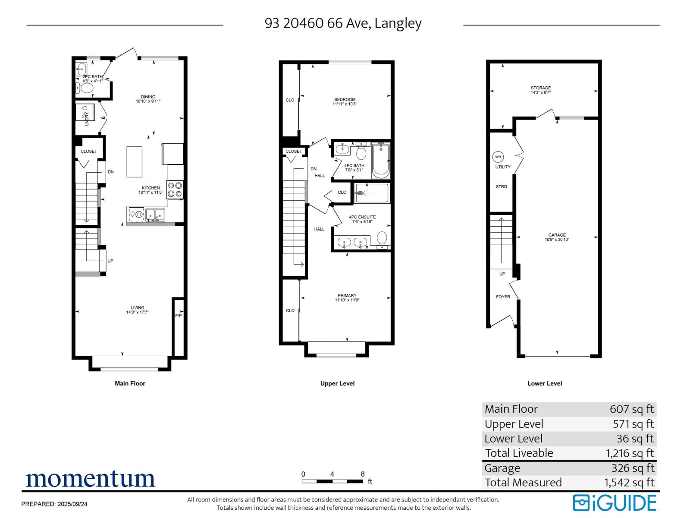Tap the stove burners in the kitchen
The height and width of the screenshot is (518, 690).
(x=175, y=190)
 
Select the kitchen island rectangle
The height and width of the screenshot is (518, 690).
(x=134, y=161)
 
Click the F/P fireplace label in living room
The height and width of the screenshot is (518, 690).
(x=178, y=316)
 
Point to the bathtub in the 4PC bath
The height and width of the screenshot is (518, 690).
(x=381, y=160)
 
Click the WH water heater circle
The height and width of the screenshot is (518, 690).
(x=498, y=157)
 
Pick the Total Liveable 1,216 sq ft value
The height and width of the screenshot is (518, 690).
(x=630, y=453)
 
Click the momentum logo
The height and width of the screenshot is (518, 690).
(x=90, y=479)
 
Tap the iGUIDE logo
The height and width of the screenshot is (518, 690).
(x=614, y=503)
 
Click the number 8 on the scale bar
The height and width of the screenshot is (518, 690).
(x=363, y=474)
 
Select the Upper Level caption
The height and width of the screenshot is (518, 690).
(x=337, y=383)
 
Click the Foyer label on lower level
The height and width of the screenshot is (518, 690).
(x=503, y=297)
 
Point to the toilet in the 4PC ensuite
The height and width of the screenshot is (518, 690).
(x=382, y=240)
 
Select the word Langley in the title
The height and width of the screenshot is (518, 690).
(x=398, y=23)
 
